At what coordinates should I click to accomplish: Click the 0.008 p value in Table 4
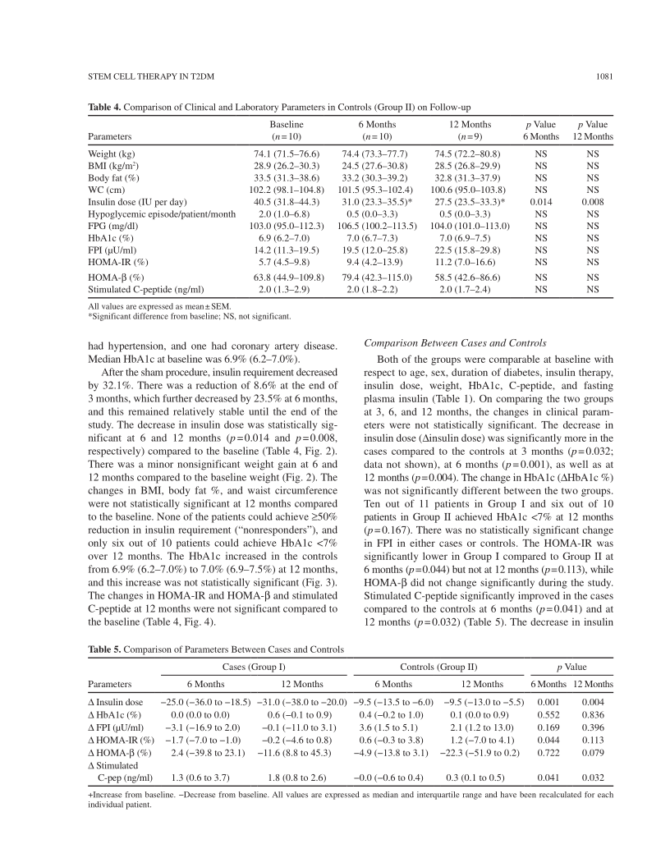pos(592,200)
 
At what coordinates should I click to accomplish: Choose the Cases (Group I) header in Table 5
pos(254,667)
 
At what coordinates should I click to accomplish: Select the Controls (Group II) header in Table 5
pos(438,667)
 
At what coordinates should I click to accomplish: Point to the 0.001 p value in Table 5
pos(548,702)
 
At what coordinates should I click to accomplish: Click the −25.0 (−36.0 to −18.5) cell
pos(204,702)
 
